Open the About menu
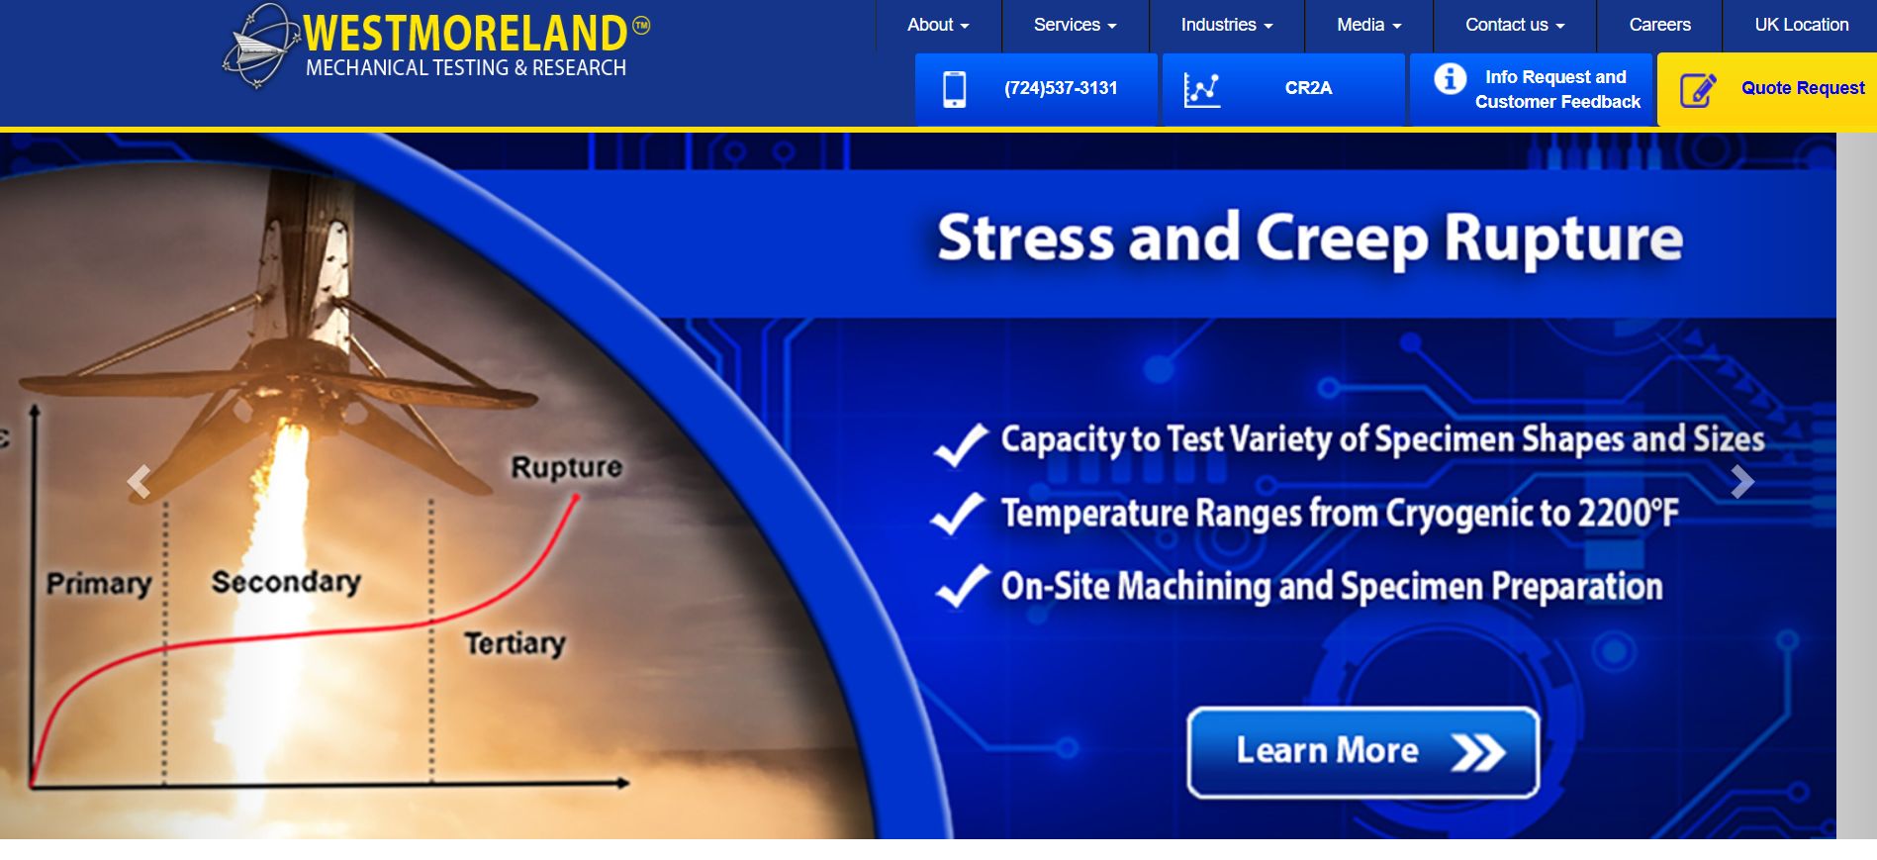937,25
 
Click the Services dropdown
1075,25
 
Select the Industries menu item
1226,25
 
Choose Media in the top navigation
1368,25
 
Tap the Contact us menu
1514,25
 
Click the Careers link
1659,25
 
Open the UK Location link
1801,25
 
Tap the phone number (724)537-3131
1061,88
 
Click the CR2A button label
1308,88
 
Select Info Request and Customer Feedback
1556,89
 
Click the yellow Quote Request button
1802,88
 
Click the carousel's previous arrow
140,482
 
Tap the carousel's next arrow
1741,482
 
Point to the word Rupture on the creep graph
566,467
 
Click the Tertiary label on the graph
515,643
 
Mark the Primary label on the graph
99,584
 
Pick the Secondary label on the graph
286,582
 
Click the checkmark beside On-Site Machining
961,586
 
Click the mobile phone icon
954,89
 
